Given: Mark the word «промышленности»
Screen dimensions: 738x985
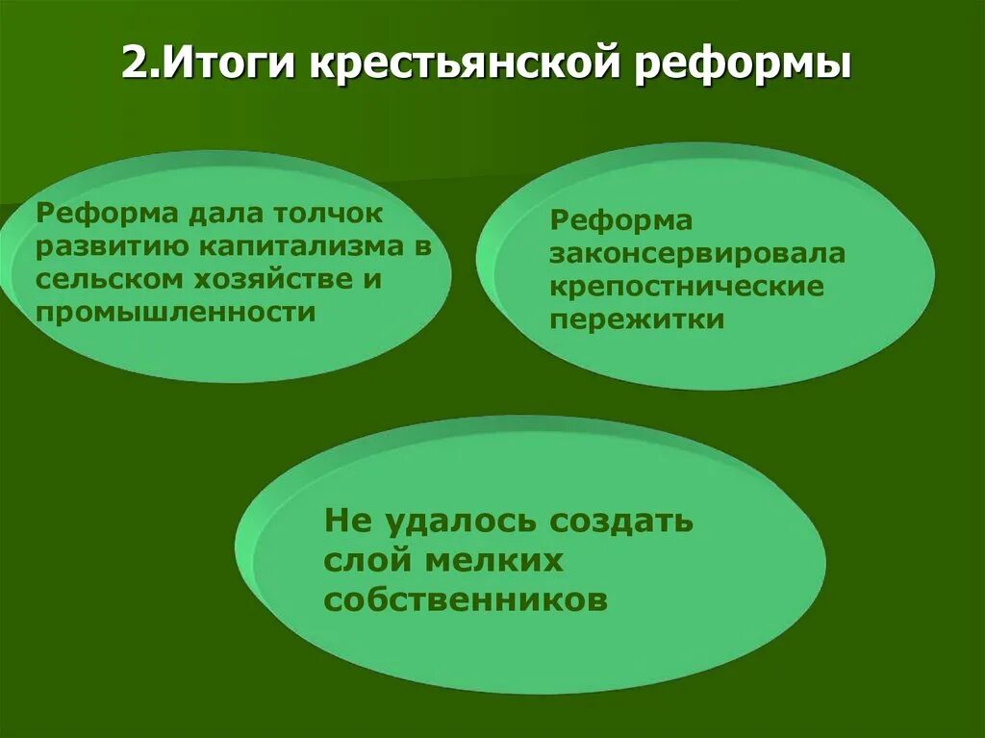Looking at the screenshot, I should click(x=176, y=313).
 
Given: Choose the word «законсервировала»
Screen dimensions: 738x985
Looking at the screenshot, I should click(x=697, y=254).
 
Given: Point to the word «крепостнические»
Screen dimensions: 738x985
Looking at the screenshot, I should click(x=687, y=287).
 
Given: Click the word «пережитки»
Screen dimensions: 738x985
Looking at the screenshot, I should click(x=637, y=320).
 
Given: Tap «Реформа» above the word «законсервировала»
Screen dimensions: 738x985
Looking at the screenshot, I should click(x=620, y=221).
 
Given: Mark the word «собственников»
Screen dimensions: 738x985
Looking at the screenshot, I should click(x=467, y=599).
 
